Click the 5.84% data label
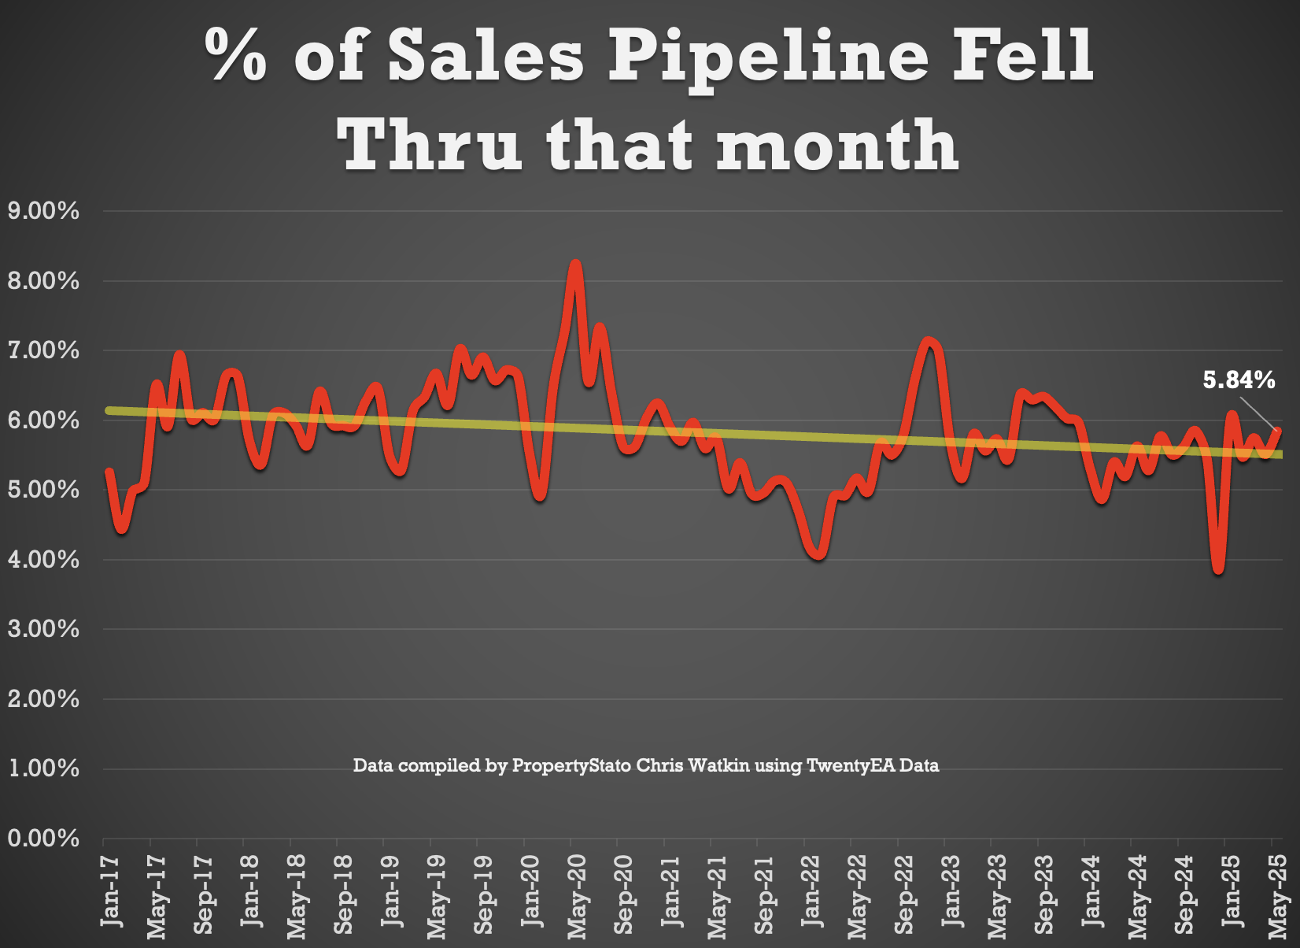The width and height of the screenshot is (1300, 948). pyautogui.click(x=1238, y=380)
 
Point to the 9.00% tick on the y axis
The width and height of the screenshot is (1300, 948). pyautogui.click(x=43, y=211)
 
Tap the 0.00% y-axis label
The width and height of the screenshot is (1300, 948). pyautogui.click(x=43, y=839)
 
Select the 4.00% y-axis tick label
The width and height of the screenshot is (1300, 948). pyautogui.click(x=43, y=560)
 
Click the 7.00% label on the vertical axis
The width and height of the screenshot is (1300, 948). pyautogui.click(x=43, y=350)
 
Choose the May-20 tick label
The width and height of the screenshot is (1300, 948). pyautogui.click(x=578, y=896)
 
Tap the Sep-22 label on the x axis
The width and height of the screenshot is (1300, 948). pyautogui.click(x=905, y=894)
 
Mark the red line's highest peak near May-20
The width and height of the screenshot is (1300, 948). pyautogui.click(x=575, y=265)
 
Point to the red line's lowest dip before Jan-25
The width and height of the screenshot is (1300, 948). pyautogui.click(x=1218, y=569)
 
